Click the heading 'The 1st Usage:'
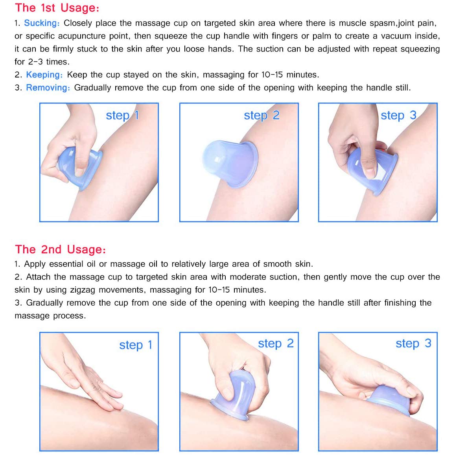coord(57,8)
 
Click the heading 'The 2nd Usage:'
coord(61,250)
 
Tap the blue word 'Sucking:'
coord(42,23)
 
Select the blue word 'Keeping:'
coord(44,75)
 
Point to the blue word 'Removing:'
coord(48,88)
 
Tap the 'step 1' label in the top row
coord(122,116)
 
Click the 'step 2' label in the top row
coord(262,116)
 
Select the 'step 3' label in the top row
coord(399,116)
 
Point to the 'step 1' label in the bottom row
coord(136,345)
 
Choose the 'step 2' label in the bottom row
coord(276,344)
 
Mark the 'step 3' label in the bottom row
coord(414,344)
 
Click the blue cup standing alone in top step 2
coord(230,163)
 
